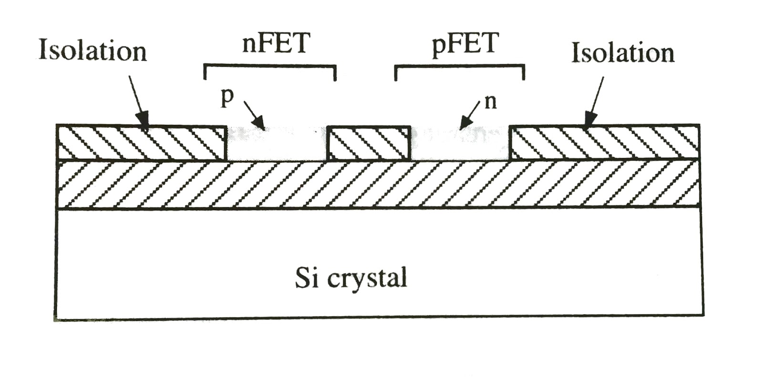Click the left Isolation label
[x=93, y=51]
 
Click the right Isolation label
[x=623, y=52]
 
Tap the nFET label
[x=276, y=44]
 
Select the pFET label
[x=465, y=45]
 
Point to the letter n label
[x=491, y=102]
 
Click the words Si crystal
[x=351, y=278]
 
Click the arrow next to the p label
[x=254, y=115]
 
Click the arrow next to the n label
[x=469, y=116]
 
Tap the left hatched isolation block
[x=141, y=143]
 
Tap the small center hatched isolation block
[x=369, y=143]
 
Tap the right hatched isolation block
[x=605, y=143]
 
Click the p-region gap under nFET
[x=277, y=144]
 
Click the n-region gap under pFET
[x=460, y=144]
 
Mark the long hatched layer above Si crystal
[x=379, y=184]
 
